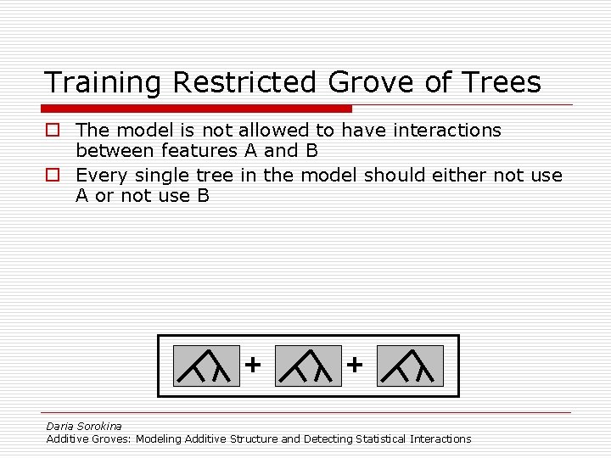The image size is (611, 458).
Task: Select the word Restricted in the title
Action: (x=240, y=83)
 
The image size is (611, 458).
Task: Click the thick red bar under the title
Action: (x=196, y=109)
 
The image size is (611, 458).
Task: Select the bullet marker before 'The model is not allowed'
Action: (x=53, y=131)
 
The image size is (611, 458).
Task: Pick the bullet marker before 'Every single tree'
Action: (x=53, y=176)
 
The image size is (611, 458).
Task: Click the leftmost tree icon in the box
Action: (x=206, y=366)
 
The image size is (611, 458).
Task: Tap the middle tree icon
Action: (x=308, y=366)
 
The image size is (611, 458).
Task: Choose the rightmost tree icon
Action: (x=410, y=366)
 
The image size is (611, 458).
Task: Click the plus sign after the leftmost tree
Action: (x=253, y=365)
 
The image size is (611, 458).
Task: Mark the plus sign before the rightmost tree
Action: (x=355, y=365)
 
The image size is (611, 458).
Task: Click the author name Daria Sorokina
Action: (x=84, y=427)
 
